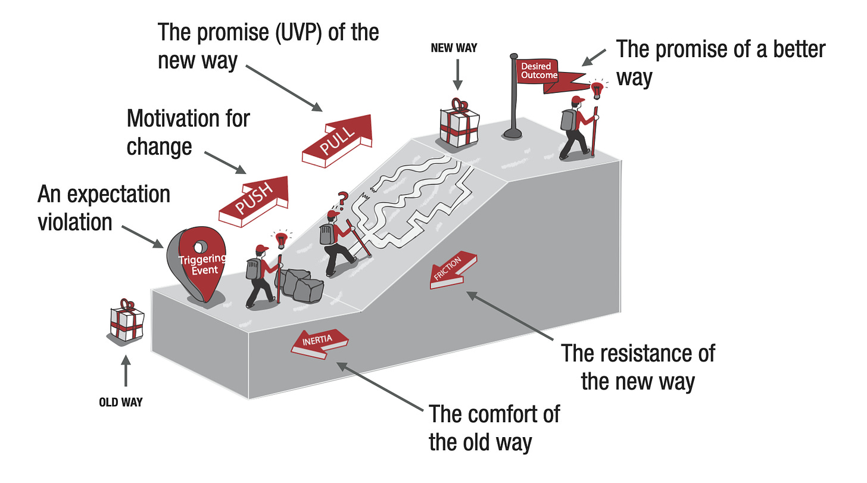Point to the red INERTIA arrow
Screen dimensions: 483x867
[x=319, y=344]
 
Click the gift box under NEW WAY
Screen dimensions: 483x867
[x=457, y=125]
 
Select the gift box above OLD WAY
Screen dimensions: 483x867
[x=127, y=321]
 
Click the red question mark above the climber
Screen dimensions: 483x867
[x=342, y=198]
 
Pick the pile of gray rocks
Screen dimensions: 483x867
[x=300, y=285]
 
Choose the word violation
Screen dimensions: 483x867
[x=75, y=222]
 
